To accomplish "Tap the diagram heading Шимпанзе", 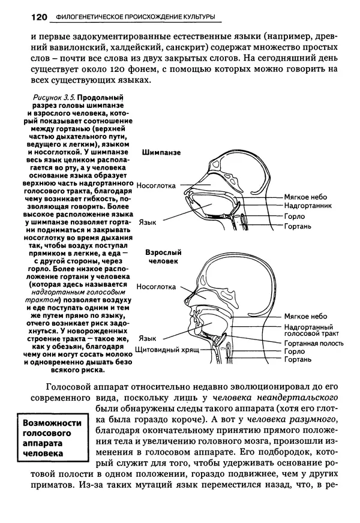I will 161,152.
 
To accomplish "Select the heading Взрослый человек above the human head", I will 163,257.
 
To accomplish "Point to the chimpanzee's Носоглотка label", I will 156,185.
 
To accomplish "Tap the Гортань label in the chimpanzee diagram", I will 298,226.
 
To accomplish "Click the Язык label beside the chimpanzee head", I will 148,221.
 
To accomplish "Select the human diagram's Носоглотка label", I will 156,286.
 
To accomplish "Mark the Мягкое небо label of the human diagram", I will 306,316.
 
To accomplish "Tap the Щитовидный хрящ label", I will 167,348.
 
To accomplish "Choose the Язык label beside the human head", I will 148,338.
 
